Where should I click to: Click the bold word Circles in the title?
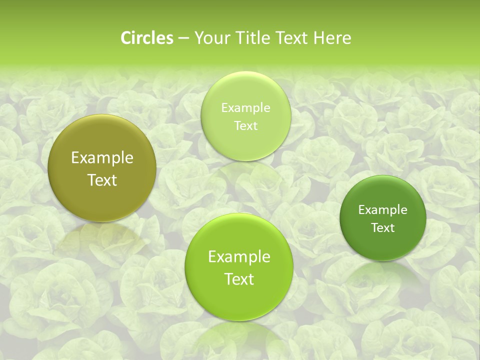click(147, 38)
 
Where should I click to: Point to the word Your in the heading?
click(209, 38)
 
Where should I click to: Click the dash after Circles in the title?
click(183, 38)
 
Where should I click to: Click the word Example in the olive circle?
click(102, 158)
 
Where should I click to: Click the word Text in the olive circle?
click(102, 180)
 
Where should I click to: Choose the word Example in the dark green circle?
click(383, 209)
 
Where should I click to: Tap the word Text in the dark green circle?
click(383, 227)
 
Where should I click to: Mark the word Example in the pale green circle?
click(245, 107)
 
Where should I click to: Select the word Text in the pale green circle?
click(245, 125)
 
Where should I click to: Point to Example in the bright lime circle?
click(239, 256)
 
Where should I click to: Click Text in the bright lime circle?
click(239, 279)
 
